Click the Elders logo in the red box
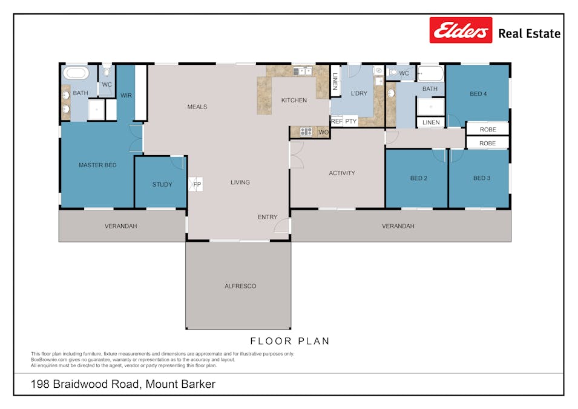pyautogui.click(x=461, y=30)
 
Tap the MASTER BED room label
pyautogui.click(x=97, y=165)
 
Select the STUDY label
pyautogui.click(x=162, y=185)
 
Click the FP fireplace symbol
pyautogui.click(x=197, y=184)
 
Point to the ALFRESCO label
pyautogui.click(x=240, y=286)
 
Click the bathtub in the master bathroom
pyautogui.click(x=76, y=74)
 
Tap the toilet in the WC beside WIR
pyautogui.click(x=107, y=72)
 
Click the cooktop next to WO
pyautogui.click(x=306, y=131)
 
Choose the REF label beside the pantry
pyautogui.click(x=337, y=122)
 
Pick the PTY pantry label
pyautogui.click(x=351, y=122)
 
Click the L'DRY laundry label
pyautogui.click(x=359, y=93)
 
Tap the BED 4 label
pyautogui.click(x=478, y=94)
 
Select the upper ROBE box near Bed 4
pyautogui.click(x=487, y=130)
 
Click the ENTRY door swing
pyautogui.click(x=281, y=227)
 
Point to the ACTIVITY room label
pyautogui.click(x=342, y=173)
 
